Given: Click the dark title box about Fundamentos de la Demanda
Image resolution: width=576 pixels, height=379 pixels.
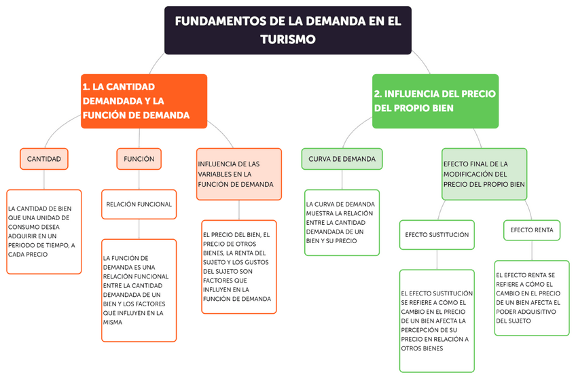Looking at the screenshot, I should click(288, 30).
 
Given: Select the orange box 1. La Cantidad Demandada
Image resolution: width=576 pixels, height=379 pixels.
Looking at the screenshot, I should click(143, 101).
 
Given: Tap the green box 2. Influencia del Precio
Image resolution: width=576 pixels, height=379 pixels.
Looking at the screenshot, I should click(435, 101).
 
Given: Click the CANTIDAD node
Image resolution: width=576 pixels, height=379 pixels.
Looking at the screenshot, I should click(44, 159).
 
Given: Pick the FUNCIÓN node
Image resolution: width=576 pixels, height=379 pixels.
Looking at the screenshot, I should click(139, 159).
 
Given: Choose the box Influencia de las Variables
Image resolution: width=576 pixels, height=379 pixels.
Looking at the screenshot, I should click(238, 175).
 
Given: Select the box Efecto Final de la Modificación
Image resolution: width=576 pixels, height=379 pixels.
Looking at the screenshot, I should click(484, 175).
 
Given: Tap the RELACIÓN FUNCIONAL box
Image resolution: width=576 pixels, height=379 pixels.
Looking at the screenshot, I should click(139, 204).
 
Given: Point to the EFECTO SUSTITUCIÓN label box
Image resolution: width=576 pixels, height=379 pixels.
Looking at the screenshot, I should click(437, 235).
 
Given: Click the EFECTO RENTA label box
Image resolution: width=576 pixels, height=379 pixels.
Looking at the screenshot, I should click(532, 230).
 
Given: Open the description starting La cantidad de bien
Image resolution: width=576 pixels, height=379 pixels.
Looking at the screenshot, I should click(44, 232).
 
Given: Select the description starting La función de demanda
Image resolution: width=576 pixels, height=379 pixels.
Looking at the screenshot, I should click(139, 290).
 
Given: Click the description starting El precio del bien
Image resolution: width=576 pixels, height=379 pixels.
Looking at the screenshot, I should click(238, 267).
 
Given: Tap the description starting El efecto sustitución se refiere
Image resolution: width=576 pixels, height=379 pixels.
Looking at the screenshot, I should click(437, 321).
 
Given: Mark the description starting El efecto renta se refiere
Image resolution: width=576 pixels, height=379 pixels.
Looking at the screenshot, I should click(532, 297).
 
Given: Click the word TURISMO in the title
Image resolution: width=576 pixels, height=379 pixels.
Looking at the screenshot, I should click(288, 39).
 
